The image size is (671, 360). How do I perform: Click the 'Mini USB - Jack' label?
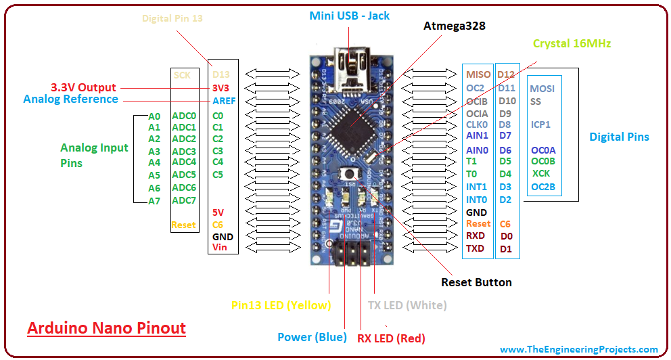tap(350, 16)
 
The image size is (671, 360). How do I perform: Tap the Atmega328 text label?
tap(455, 26)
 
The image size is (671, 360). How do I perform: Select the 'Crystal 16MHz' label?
tap(572, 44)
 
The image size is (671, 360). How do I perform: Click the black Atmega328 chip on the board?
tap(350, 128)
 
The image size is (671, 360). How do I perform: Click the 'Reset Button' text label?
tap(476, 282)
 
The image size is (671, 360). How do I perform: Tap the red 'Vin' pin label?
tap(220, 248)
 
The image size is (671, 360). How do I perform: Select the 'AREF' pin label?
tap(224, 100)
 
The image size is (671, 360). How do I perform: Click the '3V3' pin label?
tap(221, 88)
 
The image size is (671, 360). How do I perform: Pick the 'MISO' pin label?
tap(478, 75)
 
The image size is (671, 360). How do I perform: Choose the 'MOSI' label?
tap(542, 89)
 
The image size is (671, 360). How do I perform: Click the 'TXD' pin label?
tap(475, 248)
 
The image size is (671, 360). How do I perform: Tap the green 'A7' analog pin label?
tap(154, 201)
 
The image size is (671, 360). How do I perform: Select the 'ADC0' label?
tap(183, 116)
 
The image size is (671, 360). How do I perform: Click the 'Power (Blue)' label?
tap(312, 337)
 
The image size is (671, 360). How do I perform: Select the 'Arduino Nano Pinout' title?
tap(106, 328)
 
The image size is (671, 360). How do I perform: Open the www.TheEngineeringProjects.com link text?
tap(579, 349)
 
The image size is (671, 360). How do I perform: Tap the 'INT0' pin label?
tap(476, 200)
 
